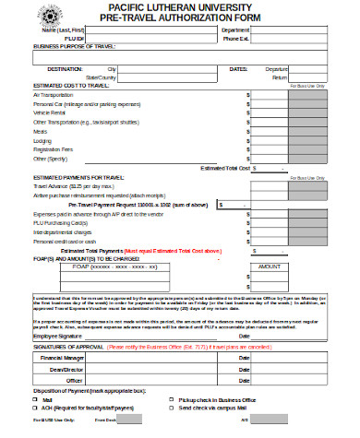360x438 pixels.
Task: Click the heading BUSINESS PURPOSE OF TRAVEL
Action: (x=76, y=45)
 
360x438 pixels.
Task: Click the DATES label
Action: (x=238, y=69)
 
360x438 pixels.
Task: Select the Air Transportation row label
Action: (x=53, y=94)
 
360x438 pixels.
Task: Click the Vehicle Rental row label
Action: (x=48, y=112)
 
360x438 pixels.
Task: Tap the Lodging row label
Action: (x=42, y=139)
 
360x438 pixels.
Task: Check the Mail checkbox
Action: (x=36, y=398)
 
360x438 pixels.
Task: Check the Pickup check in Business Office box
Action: (x=172, y=398)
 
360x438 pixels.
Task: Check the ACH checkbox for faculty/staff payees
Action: (x=36, y=407)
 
